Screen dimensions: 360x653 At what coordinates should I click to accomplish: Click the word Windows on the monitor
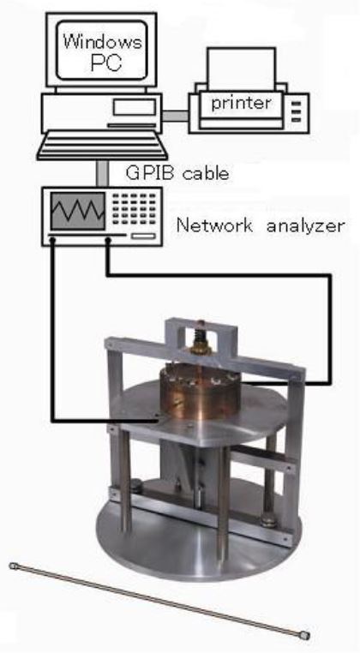(102, 41)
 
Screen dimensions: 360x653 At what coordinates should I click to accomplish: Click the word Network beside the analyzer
(214, 226)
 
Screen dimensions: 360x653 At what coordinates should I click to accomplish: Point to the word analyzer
(305, 227)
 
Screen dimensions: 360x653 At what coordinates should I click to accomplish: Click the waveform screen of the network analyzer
(78, 211)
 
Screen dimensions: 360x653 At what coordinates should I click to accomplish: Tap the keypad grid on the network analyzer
(135, 209)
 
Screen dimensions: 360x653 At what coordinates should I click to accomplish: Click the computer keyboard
(102, 146)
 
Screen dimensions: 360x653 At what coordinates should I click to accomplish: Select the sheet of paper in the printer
(241, 69)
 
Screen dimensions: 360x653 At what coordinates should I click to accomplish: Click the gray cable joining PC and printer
(175, 116)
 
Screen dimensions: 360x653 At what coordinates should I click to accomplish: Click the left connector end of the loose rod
(14, 566)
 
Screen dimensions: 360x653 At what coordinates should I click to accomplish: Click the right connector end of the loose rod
(305, 636)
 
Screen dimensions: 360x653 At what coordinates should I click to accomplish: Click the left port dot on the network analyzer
(53, 239)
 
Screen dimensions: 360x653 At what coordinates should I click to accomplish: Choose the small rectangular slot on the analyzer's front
(143, 237)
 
